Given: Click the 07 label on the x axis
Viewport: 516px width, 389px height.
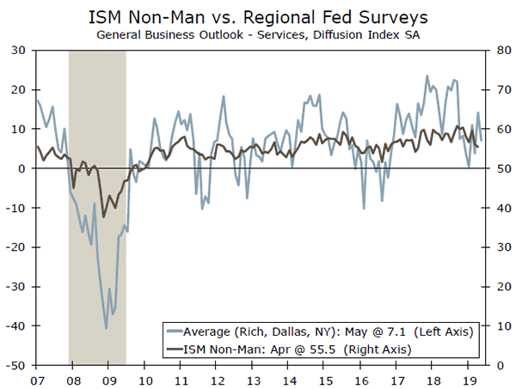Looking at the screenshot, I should coord(37,379).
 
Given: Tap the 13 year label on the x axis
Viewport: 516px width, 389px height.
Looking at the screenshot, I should coord(254,379).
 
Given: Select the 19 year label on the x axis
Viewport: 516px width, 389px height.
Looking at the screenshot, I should coord(470,379).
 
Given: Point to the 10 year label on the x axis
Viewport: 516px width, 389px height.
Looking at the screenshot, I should coord(145,379).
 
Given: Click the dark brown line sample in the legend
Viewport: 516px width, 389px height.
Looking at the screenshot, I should coord(175,349).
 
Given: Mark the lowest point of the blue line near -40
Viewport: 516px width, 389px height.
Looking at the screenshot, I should coord(106,328).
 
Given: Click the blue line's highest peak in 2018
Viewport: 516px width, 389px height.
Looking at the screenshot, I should coord(427,76).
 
